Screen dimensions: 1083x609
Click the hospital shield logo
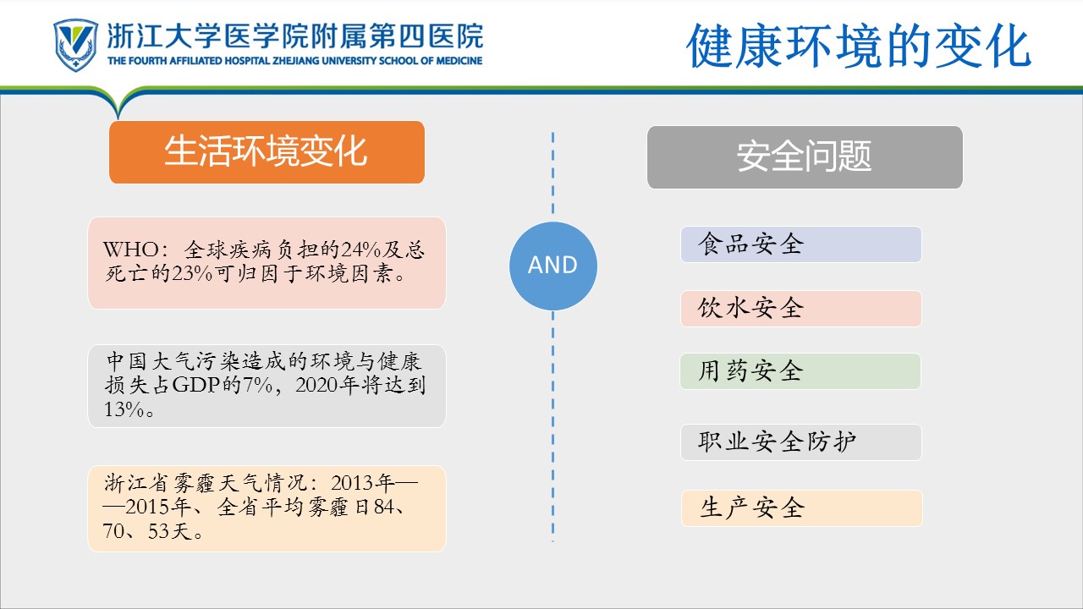pyautogui.click(x=75, y=45)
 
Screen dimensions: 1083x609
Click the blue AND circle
pyautogui.click(x=553, y=266)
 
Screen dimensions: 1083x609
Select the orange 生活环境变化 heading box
pyautogui.click(x=267, y=152)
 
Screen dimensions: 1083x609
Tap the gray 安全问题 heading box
pyautogui.click(x=805, y=157)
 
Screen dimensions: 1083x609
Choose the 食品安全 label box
pyautogui.click(x=801, y=244)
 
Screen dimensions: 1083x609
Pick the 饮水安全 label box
pyautogui.click(x=801, y=309)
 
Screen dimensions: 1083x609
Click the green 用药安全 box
pyautogui.click(x=800, y=371)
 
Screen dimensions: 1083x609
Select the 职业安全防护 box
pyautogui.click(x=801, y=442)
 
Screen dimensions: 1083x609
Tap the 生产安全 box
pyautogui.click(x=801, y=508)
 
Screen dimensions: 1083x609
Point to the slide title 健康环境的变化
pyautogui.click(x=859, y=46)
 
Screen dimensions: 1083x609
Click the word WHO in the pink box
pyautogui.click(x=131, y=250)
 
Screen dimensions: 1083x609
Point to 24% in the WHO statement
pyautogui.click(x=360, y=250)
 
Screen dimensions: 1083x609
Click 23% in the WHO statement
pyautogui.click(x=192, y=274)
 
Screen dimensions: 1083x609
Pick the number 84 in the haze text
pyautogui.click(x=384, y=507)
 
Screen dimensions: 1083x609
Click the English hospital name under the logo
pyautogui.click(x=295, y=61)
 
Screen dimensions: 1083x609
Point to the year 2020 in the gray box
pyautogui.click(x=316, y=385)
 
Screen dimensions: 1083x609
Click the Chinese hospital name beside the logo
pyautogui.click(x=295, y=36)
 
